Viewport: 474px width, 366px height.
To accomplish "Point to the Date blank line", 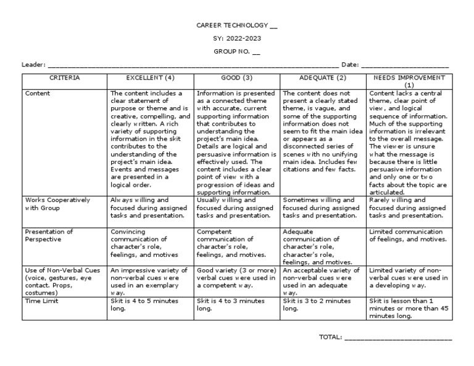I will click(x=404, y=65).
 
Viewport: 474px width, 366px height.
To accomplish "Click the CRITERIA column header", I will click(x=64, y=78).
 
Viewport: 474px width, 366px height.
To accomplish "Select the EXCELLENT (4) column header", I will click(x=151, y=78).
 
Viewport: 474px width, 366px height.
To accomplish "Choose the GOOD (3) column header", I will click(x=237, y=78).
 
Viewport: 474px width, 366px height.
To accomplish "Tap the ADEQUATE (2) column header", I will click(x=323, y=78).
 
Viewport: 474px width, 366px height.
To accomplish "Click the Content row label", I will click(x=38, y=94).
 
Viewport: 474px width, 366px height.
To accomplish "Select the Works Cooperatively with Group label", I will click(x=57, y=204).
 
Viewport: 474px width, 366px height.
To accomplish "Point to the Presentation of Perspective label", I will click(x=49, y=235).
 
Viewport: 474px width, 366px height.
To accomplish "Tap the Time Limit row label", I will click(x=43, y=301).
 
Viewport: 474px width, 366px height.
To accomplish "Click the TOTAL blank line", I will click(x=397, y=337).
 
